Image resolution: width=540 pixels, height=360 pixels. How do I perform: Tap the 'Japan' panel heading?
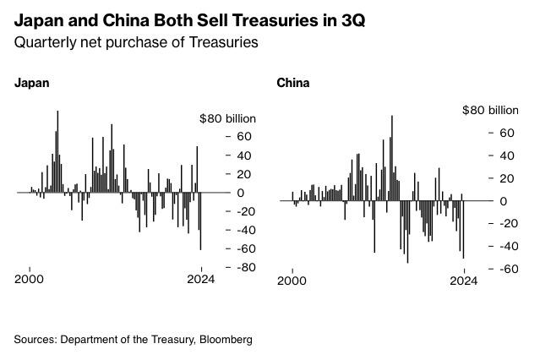pyautogui.click(x=31, y=83)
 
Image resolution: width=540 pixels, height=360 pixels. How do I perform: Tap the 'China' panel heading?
pyautogui.click(x=292, y=83)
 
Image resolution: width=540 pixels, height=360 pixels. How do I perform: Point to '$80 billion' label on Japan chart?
pyautogui.click(x=227, y=118)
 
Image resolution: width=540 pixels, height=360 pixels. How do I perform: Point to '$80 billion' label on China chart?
pyautogui.click(x=490, y=110)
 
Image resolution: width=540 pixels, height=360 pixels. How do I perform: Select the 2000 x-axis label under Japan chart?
pyautogui.click(x=30, y=281)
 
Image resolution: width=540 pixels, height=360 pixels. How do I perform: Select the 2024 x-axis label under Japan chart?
pyautogui.click(x=201, y=281)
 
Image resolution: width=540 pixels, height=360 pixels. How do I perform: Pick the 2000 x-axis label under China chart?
pyautogui.click(x=292, y=281)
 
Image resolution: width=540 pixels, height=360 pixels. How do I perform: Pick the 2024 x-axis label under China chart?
pyautogui.click(x=464, y=281)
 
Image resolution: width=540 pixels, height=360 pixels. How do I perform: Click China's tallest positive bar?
pyautogui.click(x=392, y=157)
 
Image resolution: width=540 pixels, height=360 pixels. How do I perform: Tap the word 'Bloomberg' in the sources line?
pyautogui.click(x=226, y=340)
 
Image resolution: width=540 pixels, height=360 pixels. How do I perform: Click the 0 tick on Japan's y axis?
pyautogui.click(x=241, y=193)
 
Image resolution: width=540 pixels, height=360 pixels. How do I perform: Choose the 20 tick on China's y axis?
pyautogui.click(x=505, y=178)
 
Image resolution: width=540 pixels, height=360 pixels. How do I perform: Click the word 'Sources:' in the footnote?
pyautogui.click(x=32, y=340)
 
